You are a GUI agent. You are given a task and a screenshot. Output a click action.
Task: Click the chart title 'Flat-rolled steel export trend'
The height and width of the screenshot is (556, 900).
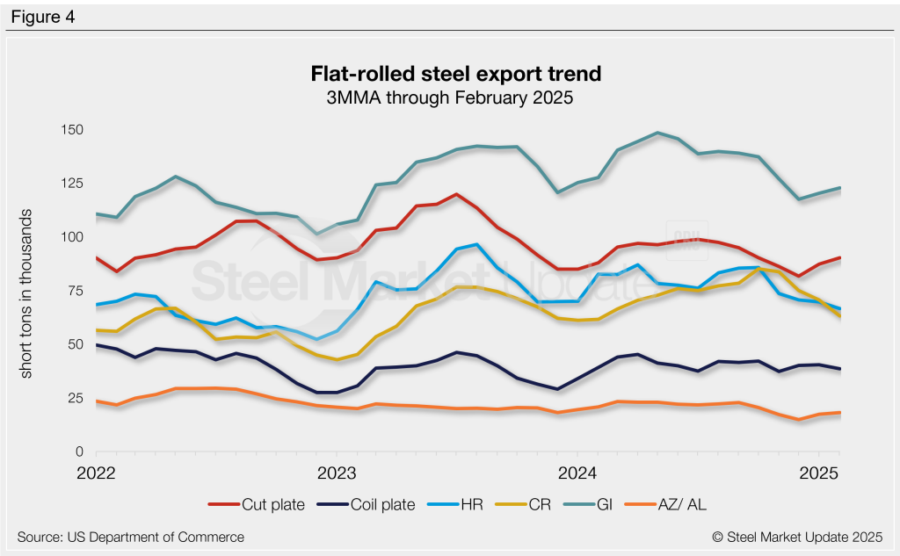450,73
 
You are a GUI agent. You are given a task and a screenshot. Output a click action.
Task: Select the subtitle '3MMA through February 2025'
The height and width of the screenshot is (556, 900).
450,97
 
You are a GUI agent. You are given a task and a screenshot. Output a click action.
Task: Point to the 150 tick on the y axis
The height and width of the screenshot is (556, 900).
70,130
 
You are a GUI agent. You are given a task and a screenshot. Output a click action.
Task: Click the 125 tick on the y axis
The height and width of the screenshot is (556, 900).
70,184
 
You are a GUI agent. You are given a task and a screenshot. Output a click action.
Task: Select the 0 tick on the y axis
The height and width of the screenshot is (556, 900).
78,451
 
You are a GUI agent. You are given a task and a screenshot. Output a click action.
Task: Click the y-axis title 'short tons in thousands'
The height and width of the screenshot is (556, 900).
27,294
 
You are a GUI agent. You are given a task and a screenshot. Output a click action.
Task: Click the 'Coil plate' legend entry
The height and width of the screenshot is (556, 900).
374,504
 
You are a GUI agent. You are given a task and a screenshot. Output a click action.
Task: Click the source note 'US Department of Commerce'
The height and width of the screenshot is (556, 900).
130,537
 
